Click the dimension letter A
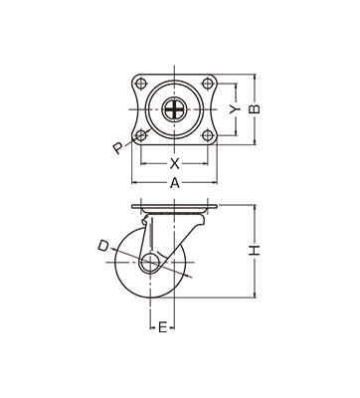click(175, 183)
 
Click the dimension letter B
click(255, 109)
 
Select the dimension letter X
click(175, 163)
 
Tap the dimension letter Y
click(236, 109)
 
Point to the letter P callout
click(117, 148)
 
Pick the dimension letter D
click(103, 246)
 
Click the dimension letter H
click(255, 251)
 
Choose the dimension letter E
click(162, 327)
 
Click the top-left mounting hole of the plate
click(141, 84)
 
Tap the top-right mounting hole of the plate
click(208, 84)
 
